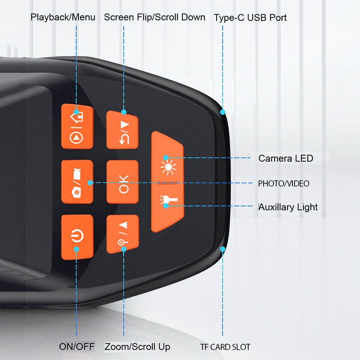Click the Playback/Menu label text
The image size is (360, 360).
click(x=63, y=17)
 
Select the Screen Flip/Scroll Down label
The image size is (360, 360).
click(x=155, y=17)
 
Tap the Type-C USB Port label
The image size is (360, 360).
click(x=250, y=18)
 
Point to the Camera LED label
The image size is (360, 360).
click(x=286, y=158)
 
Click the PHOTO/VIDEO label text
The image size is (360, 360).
click(x=284, y=184)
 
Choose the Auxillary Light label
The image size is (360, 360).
click(x=288, y=207)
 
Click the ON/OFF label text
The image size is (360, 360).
click(x=77, y=347)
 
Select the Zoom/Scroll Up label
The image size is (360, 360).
click(x=138, y=347)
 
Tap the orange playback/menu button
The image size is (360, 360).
click(x=77, y=126)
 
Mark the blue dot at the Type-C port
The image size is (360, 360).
click(x=223, y=112)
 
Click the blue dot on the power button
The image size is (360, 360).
click(x=76, y=249)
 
